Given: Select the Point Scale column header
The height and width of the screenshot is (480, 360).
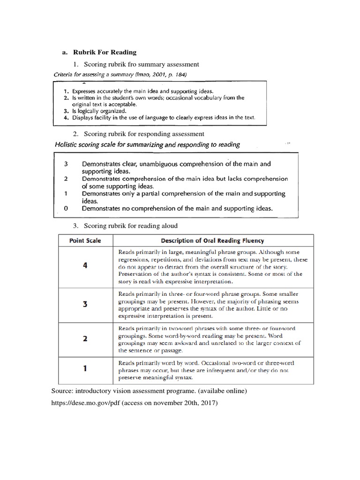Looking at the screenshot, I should point(85,241).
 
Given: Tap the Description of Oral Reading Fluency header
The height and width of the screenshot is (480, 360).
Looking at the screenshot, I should point(212,241).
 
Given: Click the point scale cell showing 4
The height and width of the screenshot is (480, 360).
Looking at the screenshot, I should point(85,265).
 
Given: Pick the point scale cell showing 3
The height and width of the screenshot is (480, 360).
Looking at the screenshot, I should point(85,304).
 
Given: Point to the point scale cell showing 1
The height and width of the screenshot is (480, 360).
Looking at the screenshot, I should point(85,368).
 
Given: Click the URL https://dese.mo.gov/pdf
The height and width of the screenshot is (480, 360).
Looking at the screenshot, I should point(85,403).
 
